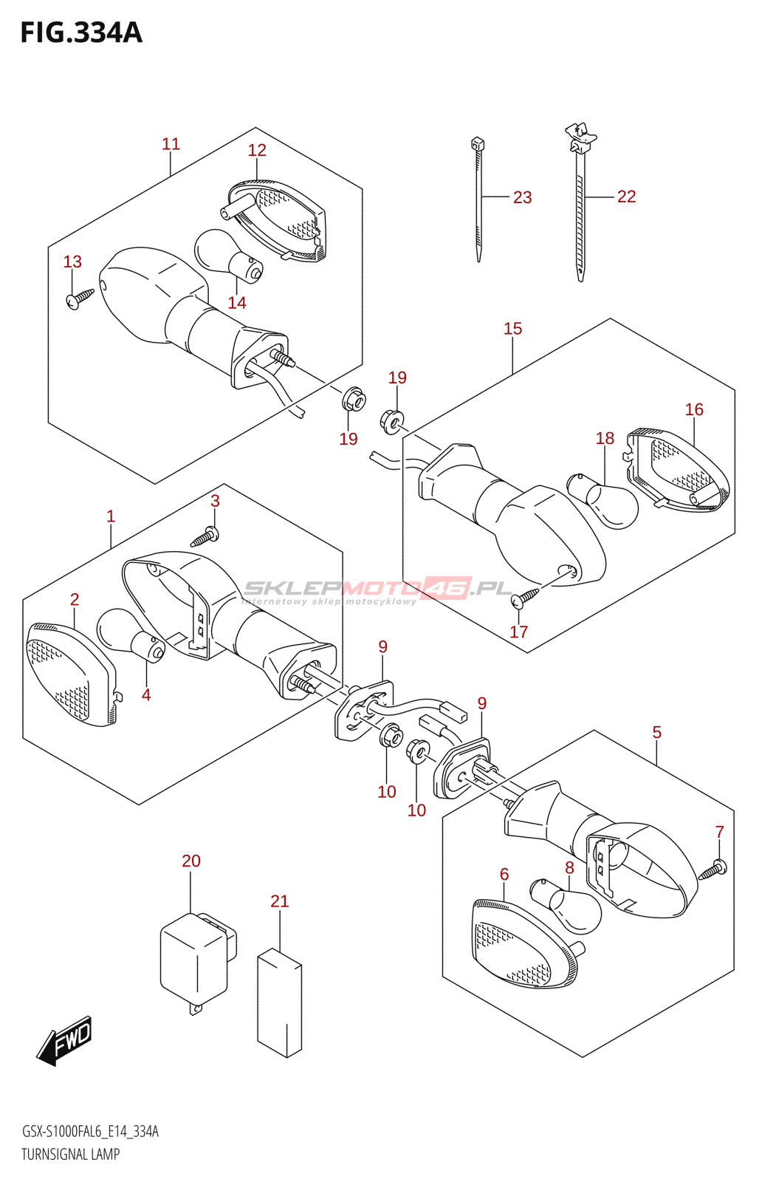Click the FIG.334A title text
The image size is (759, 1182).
(81, 33)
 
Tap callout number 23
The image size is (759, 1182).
(522, 197)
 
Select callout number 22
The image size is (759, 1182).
(626, 197)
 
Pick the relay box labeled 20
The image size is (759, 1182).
(195, 959)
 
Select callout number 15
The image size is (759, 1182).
(512, 329)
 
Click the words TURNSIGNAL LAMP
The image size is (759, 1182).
(70, 1154)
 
